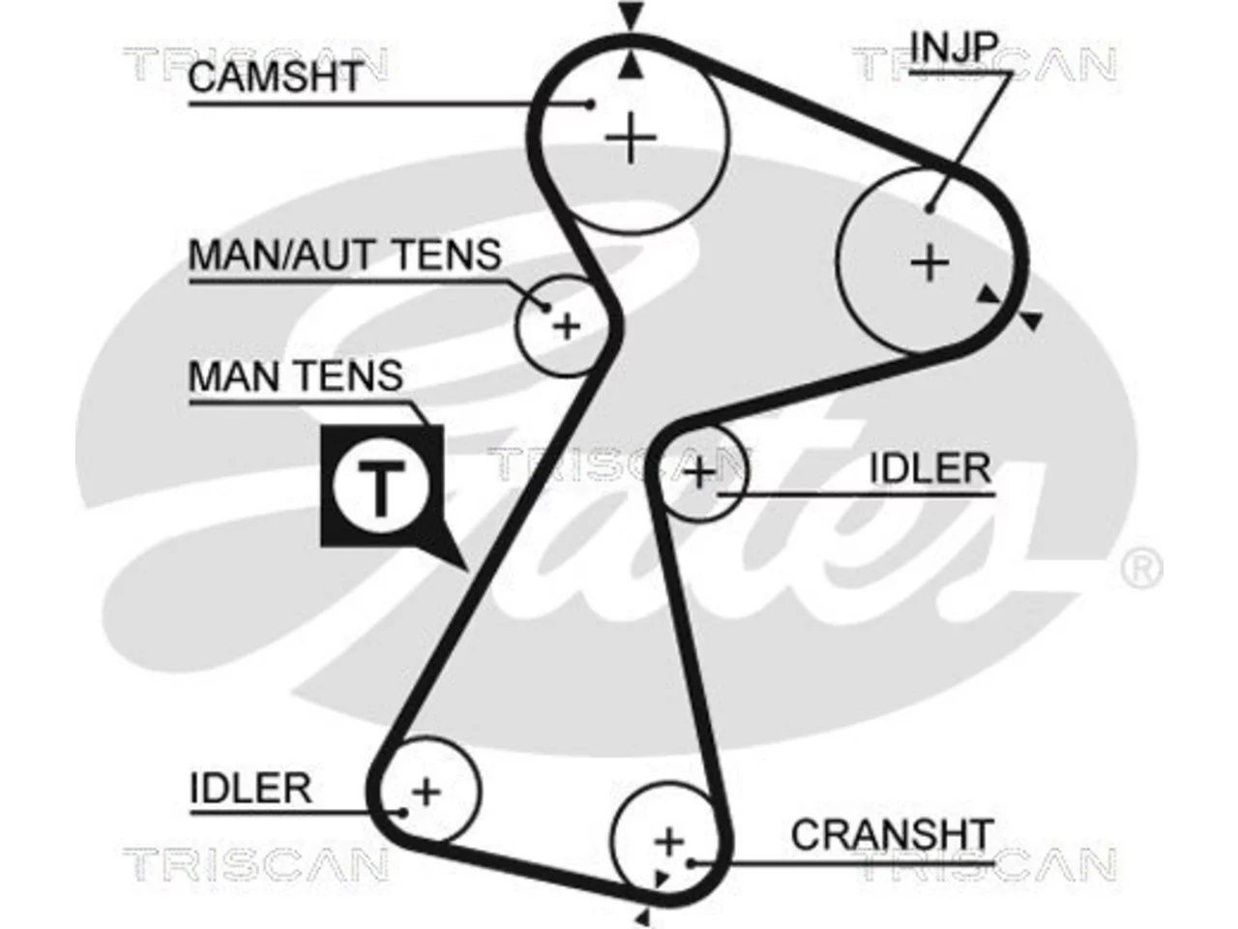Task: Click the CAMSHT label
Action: coord(275,76)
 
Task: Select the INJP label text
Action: coord(955,46)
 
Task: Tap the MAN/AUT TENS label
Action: coord(344,255)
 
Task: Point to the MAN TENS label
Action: coord(296,375)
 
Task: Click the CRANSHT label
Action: coord(891,834)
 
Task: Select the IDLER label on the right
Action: coord(930,468)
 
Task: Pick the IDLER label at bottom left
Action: coord(251,788)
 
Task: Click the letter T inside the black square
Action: coord(382,487)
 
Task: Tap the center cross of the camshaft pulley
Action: coord(632,138)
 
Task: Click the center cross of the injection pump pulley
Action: coord(930,263)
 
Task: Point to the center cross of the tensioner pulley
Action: coord(567,326)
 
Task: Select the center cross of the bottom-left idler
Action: coord(427,792)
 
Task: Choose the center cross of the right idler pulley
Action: coord(699,471)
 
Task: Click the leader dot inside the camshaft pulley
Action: coord(591,105)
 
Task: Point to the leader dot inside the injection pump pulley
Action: coord(930,209)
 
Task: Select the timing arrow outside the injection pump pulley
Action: coord(1032,321)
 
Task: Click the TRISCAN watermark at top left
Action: coord(255,63)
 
